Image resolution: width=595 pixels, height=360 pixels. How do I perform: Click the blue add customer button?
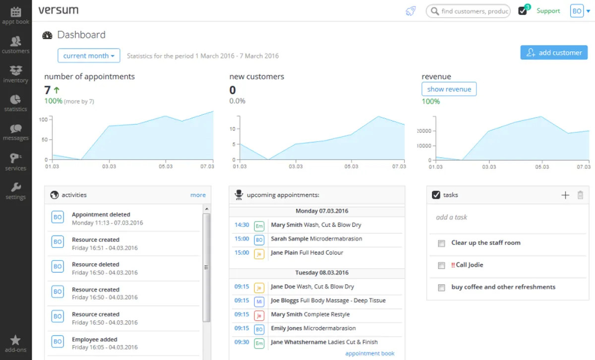tap(554, 53)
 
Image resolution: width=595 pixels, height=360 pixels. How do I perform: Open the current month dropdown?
tap(89, 56)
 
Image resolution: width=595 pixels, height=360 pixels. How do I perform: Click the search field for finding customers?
tap(468, 11)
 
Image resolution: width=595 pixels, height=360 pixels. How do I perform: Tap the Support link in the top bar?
tap(548, 11)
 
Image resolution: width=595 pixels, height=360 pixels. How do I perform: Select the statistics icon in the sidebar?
tap(15, 100)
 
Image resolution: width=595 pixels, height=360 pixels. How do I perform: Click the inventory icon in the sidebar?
tap(16, 70)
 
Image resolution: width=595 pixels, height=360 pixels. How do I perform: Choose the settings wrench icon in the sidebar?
tap(16, 187)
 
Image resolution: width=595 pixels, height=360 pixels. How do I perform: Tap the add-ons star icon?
tap(15, 340)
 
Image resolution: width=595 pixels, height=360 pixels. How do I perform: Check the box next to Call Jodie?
tap(441, 265)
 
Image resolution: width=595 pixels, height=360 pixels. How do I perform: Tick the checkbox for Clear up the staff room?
tap(441, 243)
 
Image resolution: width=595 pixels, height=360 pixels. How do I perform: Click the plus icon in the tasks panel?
tap(565, 195)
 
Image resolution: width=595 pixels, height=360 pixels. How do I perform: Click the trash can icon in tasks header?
tap(581, 195)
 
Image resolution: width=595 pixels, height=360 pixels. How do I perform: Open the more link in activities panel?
tap(198, 195)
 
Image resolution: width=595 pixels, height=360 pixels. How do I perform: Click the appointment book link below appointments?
tap(370, 354)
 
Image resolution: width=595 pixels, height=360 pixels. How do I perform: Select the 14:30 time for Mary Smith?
tap(242, 225)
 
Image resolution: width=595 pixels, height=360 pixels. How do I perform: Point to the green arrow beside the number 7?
tap(57, 90)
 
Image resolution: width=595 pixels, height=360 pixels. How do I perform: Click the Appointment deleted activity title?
tap(101, 214)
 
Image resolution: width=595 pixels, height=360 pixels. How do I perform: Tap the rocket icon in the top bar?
tap(411, 11)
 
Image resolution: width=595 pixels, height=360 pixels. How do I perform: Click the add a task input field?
tap(507, 217)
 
